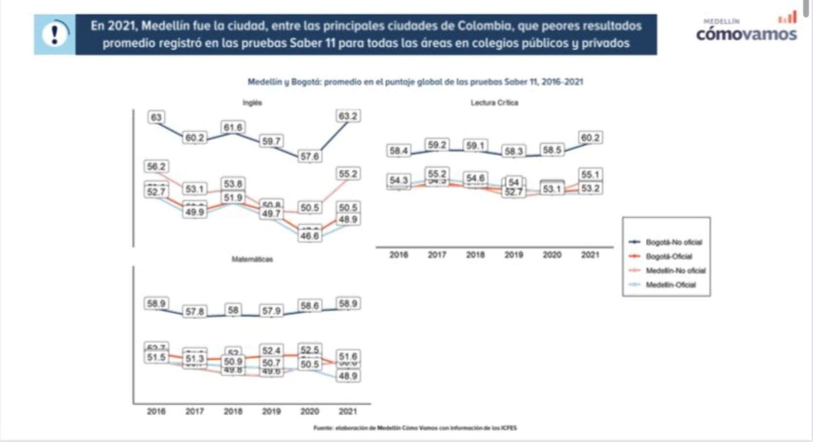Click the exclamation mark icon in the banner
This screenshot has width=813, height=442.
(x=55, y=34)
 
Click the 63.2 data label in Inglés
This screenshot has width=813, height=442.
(x=348, y=116)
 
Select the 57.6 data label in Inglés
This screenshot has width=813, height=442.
(x=310, y=157)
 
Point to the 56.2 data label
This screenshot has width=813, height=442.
(x=156, y=166)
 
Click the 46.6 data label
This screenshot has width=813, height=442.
(x=310, y=236)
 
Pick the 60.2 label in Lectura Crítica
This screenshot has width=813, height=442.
(x=590, y=138)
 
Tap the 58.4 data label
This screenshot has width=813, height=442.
(x=398, y=151)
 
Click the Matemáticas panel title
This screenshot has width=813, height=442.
(x=252, y=259)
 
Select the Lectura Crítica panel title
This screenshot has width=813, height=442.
(x=494, y=102)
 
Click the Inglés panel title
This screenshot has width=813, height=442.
(x=252, y=102)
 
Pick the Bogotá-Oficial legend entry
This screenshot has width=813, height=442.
(x=668, y=256)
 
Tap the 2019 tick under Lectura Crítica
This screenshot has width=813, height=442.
(x=513, y=255)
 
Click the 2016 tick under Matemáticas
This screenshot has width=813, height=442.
(x=156, y=411)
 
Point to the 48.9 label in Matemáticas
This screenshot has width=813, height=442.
(x=348, y=376)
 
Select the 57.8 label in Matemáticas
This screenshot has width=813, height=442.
(x=194, y=311)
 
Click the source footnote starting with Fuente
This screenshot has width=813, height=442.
(x=415, y=428)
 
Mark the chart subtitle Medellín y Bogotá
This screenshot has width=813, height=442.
(x=415, y=81)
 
